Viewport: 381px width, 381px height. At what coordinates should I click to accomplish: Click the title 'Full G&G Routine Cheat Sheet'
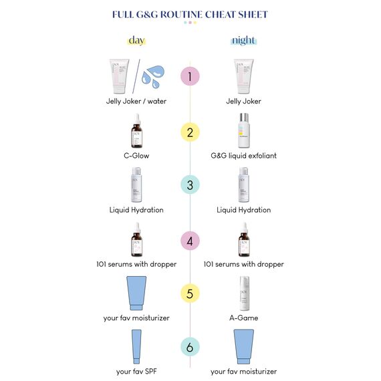190,14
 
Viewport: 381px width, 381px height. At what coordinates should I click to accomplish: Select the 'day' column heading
136,41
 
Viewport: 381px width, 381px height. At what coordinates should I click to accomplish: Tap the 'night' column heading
243,41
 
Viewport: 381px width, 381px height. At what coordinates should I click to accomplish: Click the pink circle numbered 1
190,76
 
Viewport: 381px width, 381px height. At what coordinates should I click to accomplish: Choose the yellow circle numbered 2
190,132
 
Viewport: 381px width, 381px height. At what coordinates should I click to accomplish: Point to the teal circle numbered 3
190,185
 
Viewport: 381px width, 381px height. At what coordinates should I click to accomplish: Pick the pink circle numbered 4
190,239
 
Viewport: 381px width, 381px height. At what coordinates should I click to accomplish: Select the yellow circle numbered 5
190,293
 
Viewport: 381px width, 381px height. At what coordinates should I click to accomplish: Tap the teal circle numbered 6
190,347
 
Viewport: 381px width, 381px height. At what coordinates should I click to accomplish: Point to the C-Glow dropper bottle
136,131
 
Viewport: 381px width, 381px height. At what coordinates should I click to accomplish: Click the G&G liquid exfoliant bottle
243,131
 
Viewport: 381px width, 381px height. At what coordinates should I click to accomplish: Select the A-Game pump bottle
243,293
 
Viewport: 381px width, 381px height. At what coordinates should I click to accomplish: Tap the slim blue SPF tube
136,346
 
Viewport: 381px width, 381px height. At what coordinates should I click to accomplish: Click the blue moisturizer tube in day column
136,293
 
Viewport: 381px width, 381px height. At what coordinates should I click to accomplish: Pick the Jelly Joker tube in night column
243,76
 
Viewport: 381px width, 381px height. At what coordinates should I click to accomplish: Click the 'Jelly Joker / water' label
136,102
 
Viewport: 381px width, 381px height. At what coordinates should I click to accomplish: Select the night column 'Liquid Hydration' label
243,210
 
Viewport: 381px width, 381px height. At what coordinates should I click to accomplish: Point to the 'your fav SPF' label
136,372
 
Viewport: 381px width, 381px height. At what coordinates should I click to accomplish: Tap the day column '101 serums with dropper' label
136,264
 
